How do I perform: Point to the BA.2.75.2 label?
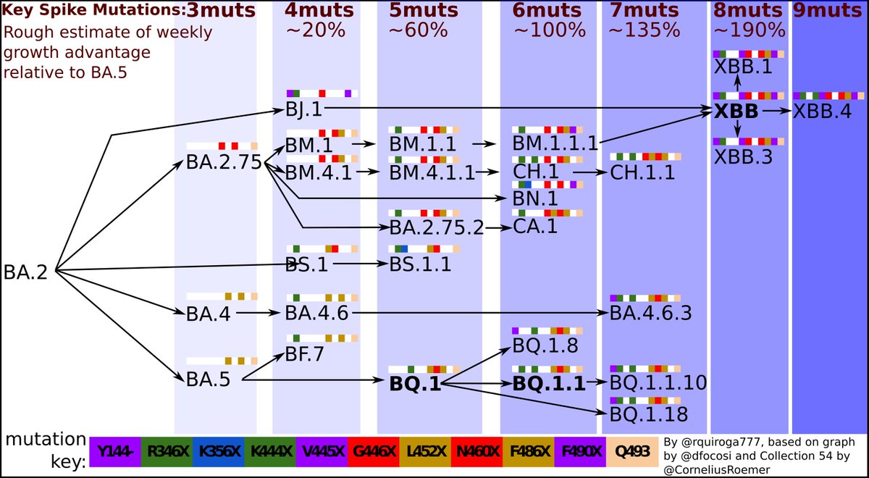coord(437,227)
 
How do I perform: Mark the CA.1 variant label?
coord(535,227)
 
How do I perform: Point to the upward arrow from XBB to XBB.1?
coord(737,84)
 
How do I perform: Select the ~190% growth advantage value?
coord(750,30)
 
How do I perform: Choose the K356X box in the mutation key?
coord(218,452)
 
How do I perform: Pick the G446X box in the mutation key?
coord(374,452)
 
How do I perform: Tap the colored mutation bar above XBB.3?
coord(748,141)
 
